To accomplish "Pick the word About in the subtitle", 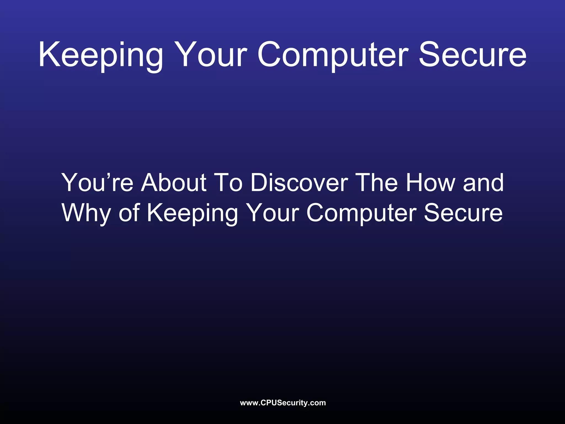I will (x=174, y=182).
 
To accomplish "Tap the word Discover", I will (x=299, y=182).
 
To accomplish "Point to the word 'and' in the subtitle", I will (x=483, y=182).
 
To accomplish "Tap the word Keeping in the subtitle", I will (x=192, y=213).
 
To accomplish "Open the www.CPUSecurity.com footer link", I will (x=283, y=403).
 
